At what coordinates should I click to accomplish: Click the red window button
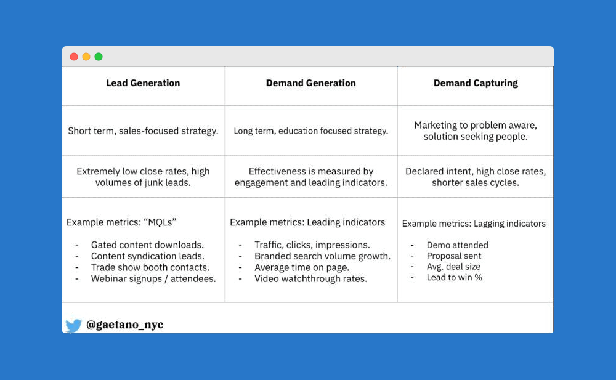(74, 57)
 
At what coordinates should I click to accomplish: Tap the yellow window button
(86, 57)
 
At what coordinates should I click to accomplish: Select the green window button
(99, 57)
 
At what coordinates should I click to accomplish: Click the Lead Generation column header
(143, 83)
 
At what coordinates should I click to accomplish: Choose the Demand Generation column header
(310, 83)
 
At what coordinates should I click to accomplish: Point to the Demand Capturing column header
(476, 83)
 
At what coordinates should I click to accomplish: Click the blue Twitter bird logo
(73, 326)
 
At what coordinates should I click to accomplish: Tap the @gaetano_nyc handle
(124, 325)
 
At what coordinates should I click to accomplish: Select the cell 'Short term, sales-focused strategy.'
(143, 131)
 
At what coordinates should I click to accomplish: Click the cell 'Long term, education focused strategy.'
(310, 131)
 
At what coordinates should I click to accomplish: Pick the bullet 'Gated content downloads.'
(147, 245)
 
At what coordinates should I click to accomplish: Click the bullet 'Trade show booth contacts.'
(150, 268)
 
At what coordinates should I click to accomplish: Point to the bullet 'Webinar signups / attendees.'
(153, 279)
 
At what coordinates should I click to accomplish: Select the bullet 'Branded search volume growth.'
(323, 256)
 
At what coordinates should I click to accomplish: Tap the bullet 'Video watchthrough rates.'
(310, 279)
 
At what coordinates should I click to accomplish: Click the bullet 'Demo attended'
(457, 245)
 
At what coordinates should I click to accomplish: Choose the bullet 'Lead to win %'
(454, 277)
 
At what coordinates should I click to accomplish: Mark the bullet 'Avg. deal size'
(453, 267)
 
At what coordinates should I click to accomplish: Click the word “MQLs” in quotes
(160, 222)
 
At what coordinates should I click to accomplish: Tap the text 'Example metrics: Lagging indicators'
(474, 224)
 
